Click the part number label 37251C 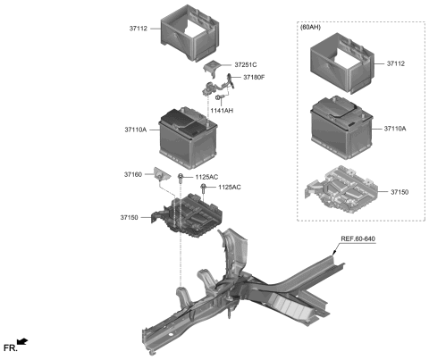coord(246,65)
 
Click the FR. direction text coord(10,346)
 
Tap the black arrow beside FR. coord(23,340)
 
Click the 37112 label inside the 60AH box coord(397,64)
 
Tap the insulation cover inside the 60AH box coord(341,65)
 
